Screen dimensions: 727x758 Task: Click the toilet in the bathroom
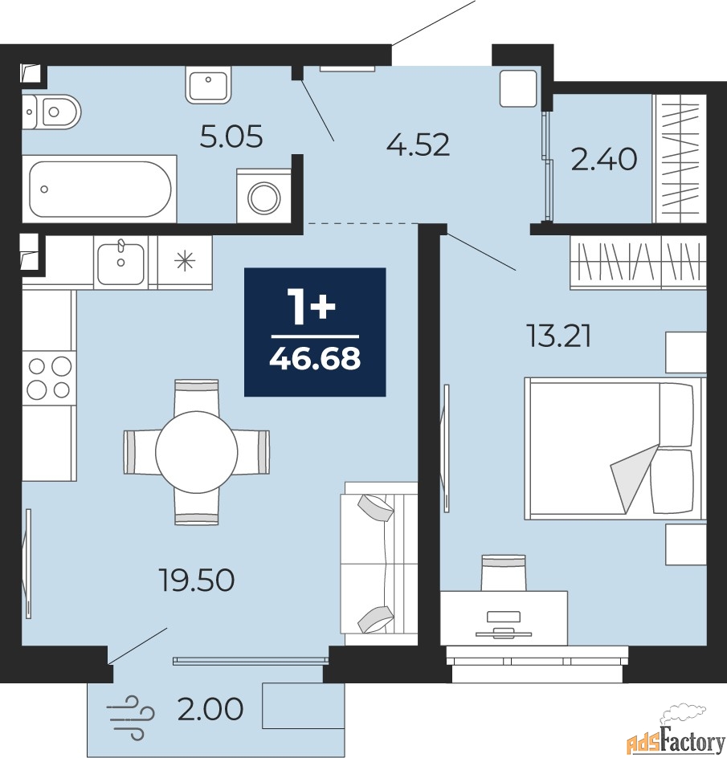pos(51,112)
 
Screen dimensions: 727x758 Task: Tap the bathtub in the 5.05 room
pos(100,189)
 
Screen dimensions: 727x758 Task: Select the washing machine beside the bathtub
pos(264,196)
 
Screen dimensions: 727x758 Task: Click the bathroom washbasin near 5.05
pos(208,84)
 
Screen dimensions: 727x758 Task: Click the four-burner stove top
pos(49,378)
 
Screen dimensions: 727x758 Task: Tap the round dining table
pos(196,451)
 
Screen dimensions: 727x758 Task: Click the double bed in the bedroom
pos(615,448)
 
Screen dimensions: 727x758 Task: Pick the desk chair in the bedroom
pos(504,573)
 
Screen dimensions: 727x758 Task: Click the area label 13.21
pos(558,337)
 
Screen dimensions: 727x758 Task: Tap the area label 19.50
pos(197,580)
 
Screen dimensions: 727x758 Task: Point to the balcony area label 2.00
pos(210,709)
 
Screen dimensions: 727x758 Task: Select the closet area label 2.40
pos(603,159)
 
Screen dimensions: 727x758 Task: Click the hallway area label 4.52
pos(419,144)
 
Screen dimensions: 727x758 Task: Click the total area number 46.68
pos(315,358)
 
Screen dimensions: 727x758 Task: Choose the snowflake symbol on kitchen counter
pos(185,262)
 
